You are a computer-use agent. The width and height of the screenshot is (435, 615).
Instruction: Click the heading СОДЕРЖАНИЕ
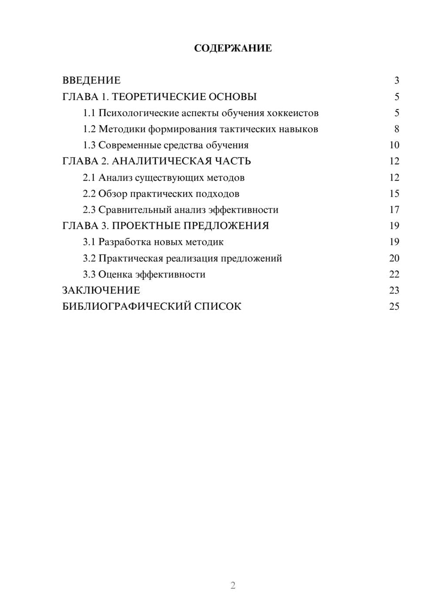(x=233, y=48)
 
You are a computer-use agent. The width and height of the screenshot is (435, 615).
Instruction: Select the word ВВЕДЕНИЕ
(x=91, y=80)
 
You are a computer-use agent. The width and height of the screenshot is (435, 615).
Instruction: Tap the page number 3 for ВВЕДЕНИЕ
(x=396, y=80)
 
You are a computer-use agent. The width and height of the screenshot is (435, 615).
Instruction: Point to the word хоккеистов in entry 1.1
(x=293, y=113)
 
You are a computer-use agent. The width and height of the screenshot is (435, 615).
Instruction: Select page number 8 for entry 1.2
(x=396, y=129)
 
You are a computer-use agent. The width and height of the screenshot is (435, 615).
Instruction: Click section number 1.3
(x=89, y=145)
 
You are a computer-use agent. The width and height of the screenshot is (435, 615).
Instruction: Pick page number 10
(x=394, y=145)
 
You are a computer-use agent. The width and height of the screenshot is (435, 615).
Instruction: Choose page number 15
(x=394, y=194)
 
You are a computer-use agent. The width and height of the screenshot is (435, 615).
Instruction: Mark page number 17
(x=394, y=210)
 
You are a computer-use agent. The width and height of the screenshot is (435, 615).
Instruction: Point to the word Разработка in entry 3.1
(x=124, y=242)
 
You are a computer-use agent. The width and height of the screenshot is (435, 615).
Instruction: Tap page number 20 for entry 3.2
(x=394, y=258)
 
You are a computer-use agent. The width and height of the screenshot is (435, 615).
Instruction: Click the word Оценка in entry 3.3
(x=115, y=274)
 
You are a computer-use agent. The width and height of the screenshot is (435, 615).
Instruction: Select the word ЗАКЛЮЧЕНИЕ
(x=101, y=290)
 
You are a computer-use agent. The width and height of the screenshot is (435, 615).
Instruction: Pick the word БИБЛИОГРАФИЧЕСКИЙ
(x=127, y=306)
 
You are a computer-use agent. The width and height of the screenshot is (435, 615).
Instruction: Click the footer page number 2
(x=233, y=585)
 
